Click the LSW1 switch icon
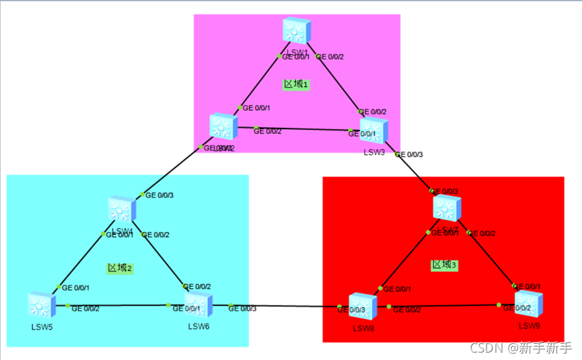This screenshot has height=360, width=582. (296, 32)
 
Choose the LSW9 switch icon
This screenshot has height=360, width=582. (528, 303)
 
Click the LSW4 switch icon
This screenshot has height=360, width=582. (122, 209)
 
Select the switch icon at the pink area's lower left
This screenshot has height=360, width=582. (221, 127)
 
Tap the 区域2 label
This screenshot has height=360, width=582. (120, 267)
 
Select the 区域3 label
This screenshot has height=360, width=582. (444, 265)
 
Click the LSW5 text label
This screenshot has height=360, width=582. (41, 327)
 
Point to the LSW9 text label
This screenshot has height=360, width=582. (530, 326)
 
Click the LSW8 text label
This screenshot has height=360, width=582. (364, 328)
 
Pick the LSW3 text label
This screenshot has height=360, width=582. (374, 153)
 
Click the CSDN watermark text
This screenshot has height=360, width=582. (521, 348)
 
